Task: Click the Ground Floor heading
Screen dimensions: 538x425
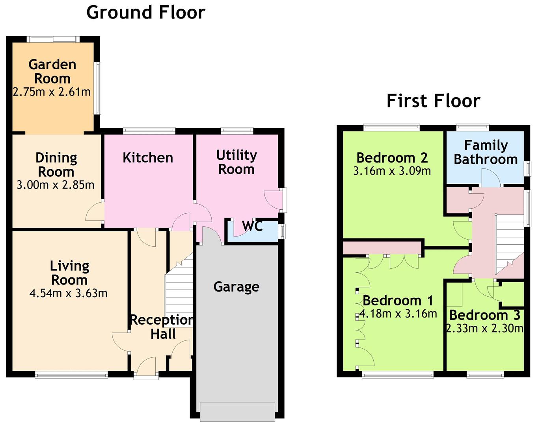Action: (x=146, y=13)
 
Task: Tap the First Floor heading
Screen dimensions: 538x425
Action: (x=434, y=101)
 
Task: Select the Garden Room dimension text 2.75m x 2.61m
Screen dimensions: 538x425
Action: (x=52, y=92)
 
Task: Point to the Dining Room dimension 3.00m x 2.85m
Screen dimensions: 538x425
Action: (x=56, y=185)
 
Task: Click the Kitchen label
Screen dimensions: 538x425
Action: (x=148, y=158)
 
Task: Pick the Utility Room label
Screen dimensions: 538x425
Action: (x=236, y=162)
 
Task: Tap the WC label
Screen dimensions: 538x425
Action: (x=253, y=226)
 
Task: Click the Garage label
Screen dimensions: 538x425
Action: (x=236, y=287)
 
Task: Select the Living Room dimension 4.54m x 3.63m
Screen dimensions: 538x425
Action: (x=69, y=293)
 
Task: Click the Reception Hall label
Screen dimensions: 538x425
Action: (x=162, y=327)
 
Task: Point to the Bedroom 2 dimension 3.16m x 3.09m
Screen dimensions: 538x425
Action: (x=392, y=171)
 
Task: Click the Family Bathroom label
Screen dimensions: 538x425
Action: (x=486, y=152)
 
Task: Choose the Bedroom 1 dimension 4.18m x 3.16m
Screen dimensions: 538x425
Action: (x=398, y=314)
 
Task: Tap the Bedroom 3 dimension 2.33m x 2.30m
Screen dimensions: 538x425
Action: (x=485, y=328)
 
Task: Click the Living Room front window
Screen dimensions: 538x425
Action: (x=71, y=375)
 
